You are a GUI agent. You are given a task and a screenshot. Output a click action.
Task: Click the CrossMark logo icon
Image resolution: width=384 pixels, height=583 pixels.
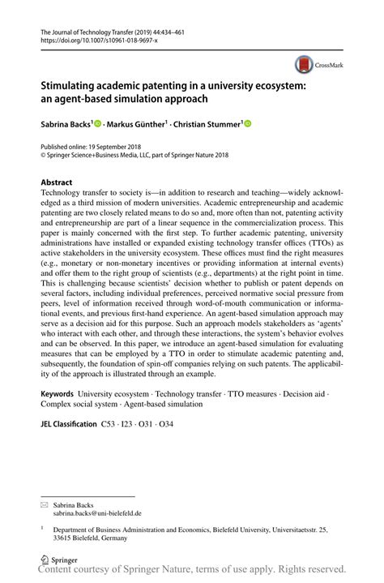click(304, 65)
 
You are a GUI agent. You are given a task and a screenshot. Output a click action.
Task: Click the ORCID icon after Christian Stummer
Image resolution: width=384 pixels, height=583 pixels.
click(248, 124)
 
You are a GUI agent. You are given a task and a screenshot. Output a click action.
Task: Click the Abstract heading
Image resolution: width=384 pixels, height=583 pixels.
click(57, 182)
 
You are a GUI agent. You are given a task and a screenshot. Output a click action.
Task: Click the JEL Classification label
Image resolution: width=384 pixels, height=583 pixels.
click(68, 424)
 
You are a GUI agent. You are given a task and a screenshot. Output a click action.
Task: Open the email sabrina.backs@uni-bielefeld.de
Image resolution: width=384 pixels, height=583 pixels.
click(97, 513)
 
